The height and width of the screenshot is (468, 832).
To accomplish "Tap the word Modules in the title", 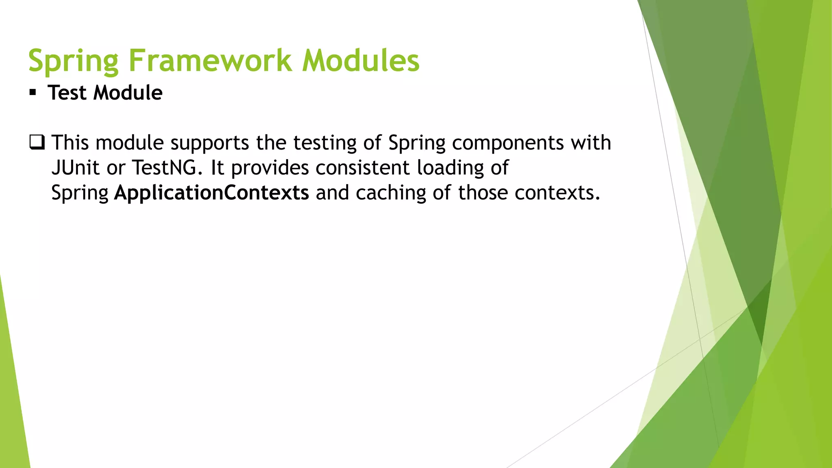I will (360, 61).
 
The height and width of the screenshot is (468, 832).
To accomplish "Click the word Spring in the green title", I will (73, 61).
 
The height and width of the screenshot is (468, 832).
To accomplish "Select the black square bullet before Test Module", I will (33, 93).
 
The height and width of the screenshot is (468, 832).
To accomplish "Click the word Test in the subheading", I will (67, 93).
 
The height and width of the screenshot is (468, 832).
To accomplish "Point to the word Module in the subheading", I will (128, 93).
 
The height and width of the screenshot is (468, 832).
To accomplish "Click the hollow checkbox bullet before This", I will (37, 143).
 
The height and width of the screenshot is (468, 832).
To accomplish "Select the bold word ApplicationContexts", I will (211, 193).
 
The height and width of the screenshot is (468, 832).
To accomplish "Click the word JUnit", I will (76, 168).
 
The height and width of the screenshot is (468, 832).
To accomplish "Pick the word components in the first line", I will (508, 143).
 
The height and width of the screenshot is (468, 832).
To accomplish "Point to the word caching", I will (390, 193).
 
